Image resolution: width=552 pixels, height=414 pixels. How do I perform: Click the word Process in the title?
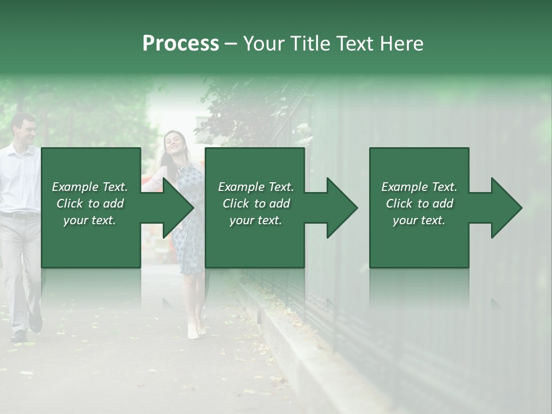pos(181,44)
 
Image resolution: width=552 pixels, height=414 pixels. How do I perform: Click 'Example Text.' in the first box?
pos(90,187)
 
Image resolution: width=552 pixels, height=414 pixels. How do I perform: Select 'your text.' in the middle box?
pos(255,220)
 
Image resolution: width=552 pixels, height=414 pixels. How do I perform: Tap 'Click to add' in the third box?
pos(419,204)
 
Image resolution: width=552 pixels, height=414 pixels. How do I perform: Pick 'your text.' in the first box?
pos(90,220)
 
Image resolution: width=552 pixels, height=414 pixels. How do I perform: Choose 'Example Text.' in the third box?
pos(419,187)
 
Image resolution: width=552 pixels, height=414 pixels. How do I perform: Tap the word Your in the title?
pos(263,44)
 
